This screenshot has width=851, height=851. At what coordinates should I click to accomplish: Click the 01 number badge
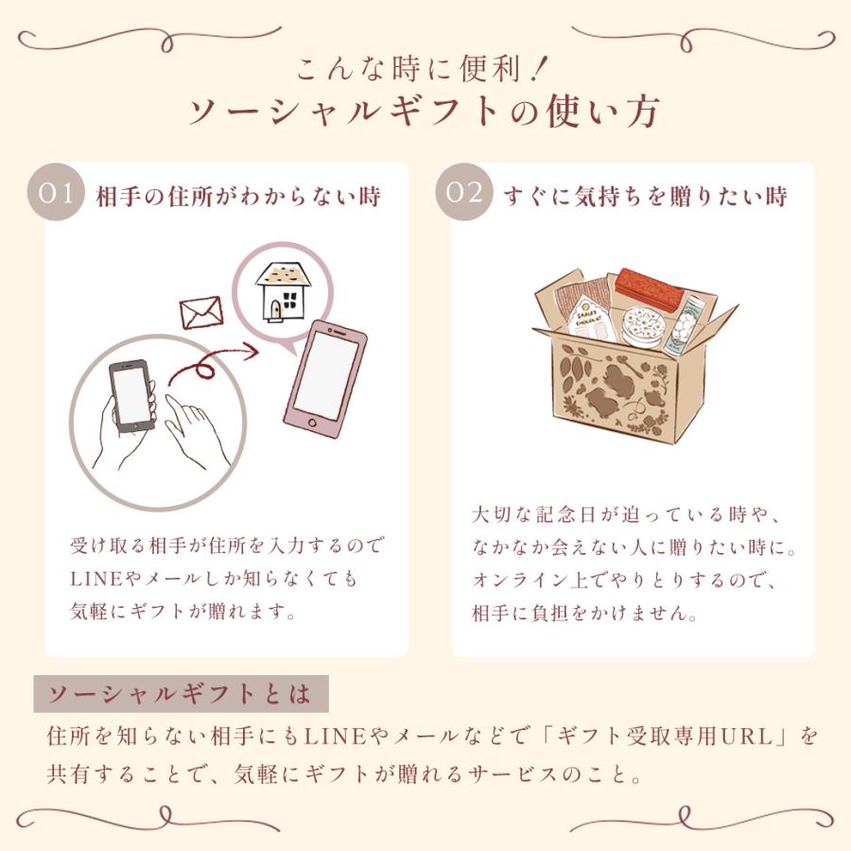pos(56,192)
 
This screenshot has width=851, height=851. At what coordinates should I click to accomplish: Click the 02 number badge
pos(464,192)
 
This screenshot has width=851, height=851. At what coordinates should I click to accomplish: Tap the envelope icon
pos(201,313)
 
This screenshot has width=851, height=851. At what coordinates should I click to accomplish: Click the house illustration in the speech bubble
pos(283,292)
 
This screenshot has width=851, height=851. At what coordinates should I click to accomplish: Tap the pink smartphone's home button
pos(312,423)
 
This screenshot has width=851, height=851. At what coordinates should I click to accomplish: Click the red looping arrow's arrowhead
pos(250,351)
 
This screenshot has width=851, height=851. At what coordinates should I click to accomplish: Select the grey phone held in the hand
pos(130,395)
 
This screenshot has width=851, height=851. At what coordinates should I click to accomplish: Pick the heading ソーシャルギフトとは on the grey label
pos(180,694)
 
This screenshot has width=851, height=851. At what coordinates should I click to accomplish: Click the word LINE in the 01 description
pos(96,579)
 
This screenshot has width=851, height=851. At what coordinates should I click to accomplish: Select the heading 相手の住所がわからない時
pos(239,196)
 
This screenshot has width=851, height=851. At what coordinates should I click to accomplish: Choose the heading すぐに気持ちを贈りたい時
pos(646,196)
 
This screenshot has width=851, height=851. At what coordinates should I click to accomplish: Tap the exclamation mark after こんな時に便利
pos(540,69)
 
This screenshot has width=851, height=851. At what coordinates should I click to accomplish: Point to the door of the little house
pos(276,310)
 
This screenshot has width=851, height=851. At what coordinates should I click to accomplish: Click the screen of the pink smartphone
pos(326,373)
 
